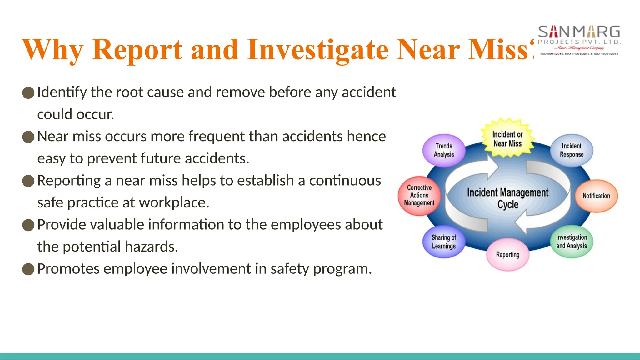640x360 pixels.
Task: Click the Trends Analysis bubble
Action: (444, 150)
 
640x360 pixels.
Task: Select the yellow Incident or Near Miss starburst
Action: (507, 139)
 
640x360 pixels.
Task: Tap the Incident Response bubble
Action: (572, 150)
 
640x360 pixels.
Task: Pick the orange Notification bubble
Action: (596, 196)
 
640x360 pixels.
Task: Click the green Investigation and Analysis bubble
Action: (572, 242)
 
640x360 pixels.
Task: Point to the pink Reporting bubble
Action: (507, 255)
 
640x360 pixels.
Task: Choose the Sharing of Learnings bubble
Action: (444, 242)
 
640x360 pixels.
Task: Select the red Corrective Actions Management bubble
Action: (419, 196)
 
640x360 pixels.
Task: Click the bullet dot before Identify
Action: (28, 93)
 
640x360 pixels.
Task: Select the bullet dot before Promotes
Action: (28, 269)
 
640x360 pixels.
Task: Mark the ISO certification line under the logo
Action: (579, 54)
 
